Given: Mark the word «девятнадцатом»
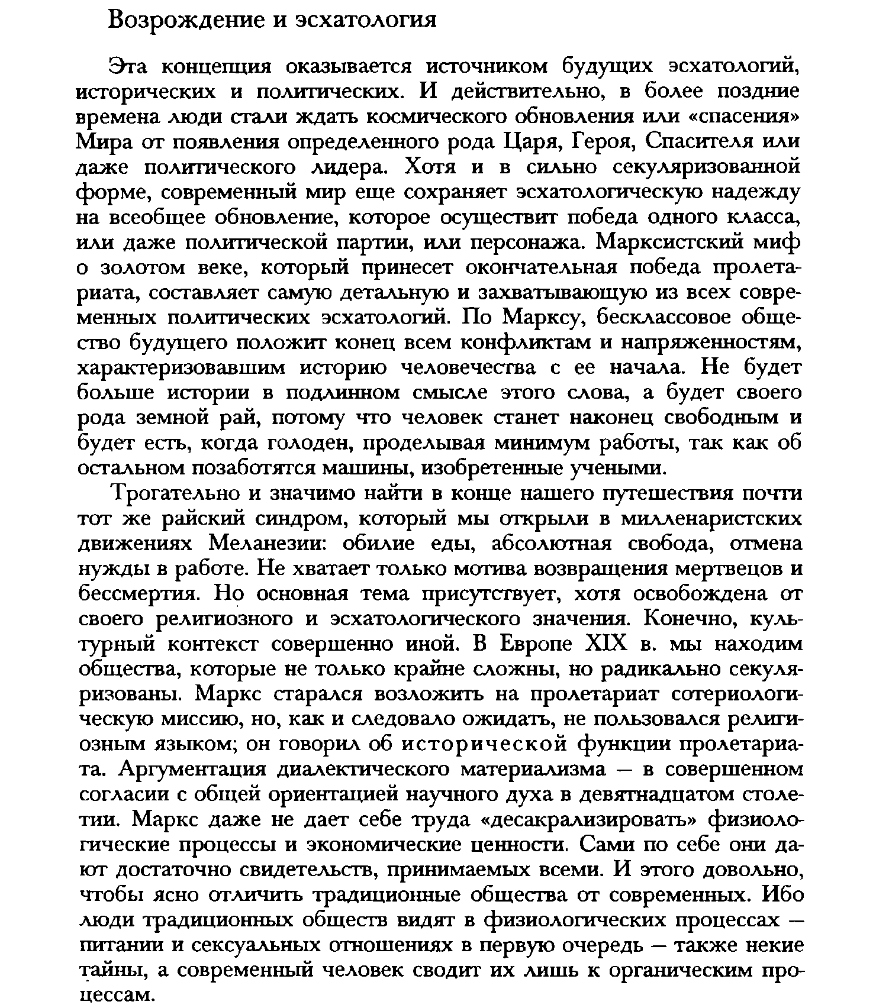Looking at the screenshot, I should pyautogui.click(x=639, y=794).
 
